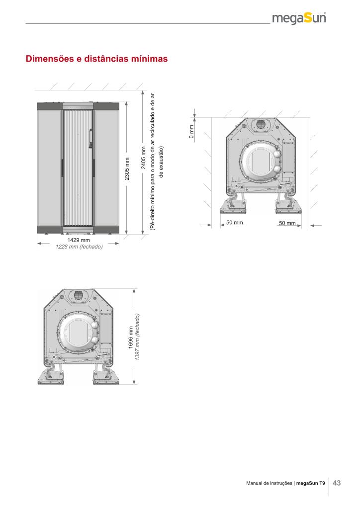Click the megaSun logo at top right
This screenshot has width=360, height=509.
(x=299, y=18)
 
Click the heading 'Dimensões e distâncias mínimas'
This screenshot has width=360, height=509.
(x=97, y=59)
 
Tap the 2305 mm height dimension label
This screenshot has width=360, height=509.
(x=127, y=169)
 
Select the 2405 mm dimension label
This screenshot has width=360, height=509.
(x=144, y=158)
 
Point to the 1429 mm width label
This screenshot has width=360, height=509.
(x=79, y=240)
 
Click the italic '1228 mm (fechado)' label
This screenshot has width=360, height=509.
(x=79, y=247)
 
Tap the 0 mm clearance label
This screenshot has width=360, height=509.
(x=191, y=132)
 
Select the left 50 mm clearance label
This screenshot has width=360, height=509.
(x=234, y=222)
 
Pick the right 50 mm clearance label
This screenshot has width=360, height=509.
(x=287, y=223)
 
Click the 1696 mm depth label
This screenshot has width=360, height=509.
(x=131, y=338)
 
